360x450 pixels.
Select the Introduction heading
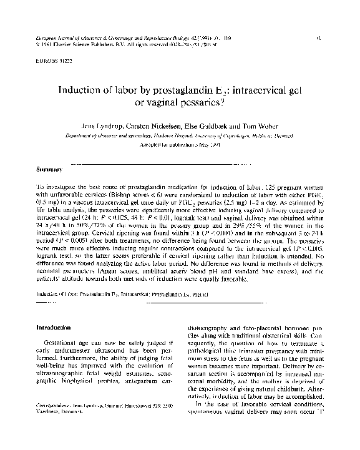pyautogui.click(x=53, y=327)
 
